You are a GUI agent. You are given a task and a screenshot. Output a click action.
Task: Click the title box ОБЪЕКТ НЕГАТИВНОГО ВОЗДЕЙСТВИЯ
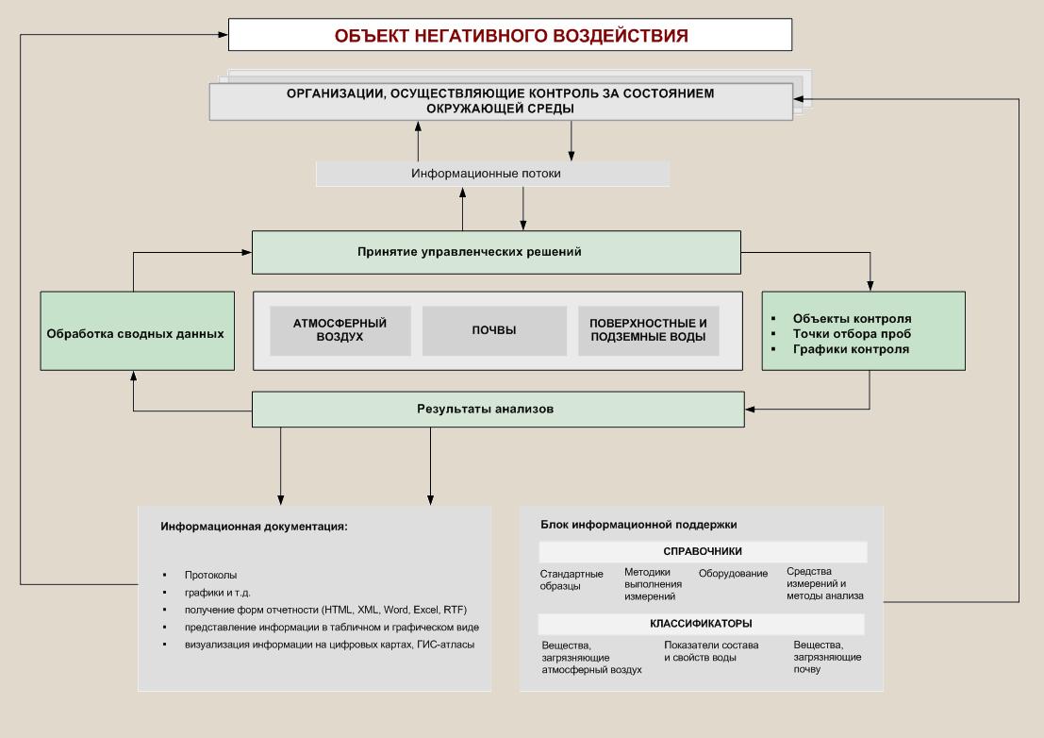510,36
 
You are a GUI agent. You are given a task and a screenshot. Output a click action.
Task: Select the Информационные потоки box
492,174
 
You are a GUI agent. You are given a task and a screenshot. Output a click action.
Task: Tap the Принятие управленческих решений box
496,252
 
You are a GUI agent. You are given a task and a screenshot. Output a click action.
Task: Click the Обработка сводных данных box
137,331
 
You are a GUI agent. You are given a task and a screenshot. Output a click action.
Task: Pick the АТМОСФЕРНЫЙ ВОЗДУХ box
340,330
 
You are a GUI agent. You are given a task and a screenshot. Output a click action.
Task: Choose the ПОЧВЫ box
494,330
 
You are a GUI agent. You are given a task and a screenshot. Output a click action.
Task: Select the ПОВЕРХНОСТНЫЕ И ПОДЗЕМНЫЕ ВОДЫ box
648,330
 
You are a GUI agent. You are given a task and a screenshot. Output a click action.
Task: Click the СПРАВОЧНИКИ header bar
703,552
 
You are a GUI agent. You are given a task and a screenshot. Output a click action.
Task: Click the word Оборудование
733,573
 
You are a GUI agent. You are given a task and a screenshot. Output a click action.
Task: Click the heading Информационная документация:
254,526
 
